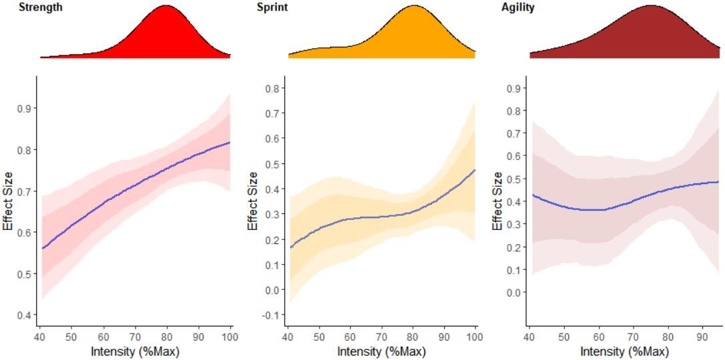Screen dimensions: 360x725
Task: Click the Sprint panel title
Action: click(272, 7)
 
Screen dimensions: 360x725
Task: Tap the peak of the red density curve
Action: click(167, 6)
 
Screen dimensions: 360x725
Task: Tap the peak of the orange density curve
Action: click(414, 6)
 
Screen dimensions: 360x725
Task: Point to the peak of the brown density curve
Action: click(651, 6)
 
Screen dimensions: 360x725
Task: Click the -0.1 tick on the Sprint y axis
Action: click(271, 315)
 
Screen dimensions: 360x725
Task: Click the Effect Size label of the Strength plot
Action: click(8, 201)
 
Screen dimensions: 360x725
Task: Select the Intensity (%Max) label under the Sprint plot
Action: click(380, 350)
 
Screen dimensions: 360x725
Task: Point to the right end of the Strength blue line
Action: click(231, 142)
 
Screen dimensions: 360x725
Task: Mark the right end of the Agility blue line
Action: click(720, 181)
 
